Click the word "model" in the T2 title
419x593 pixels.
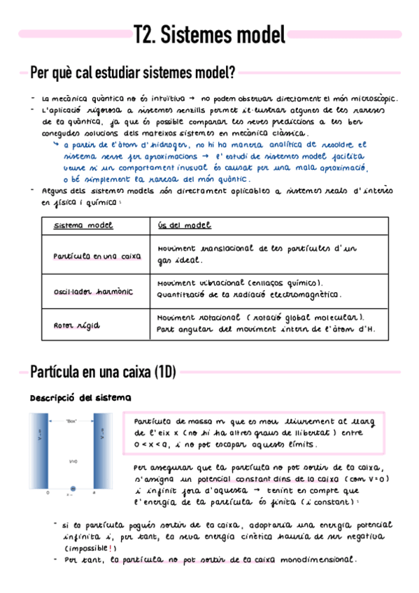click(257, 34)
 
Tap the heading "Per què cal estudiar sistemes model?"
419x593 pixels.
click(132, 72)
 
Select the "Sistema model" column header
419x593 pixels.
click(83, 225)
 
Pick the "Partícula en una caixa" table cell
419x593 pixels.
click(97, 256)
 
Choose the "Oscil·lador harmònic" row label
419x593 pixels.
click(93, 291)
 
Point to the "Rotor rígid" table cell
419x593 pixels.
click(76, 325)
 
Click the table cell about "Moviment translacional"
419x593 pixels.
click(257, 254)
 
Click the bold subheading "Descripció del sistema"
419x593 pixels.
click(80, 398)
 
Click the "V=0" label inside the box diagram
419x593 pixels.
click(73, 461)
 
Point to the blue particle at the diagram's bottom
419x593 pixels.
click(72, 488)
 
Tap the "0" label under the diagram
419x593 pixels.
click(48, 494)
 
